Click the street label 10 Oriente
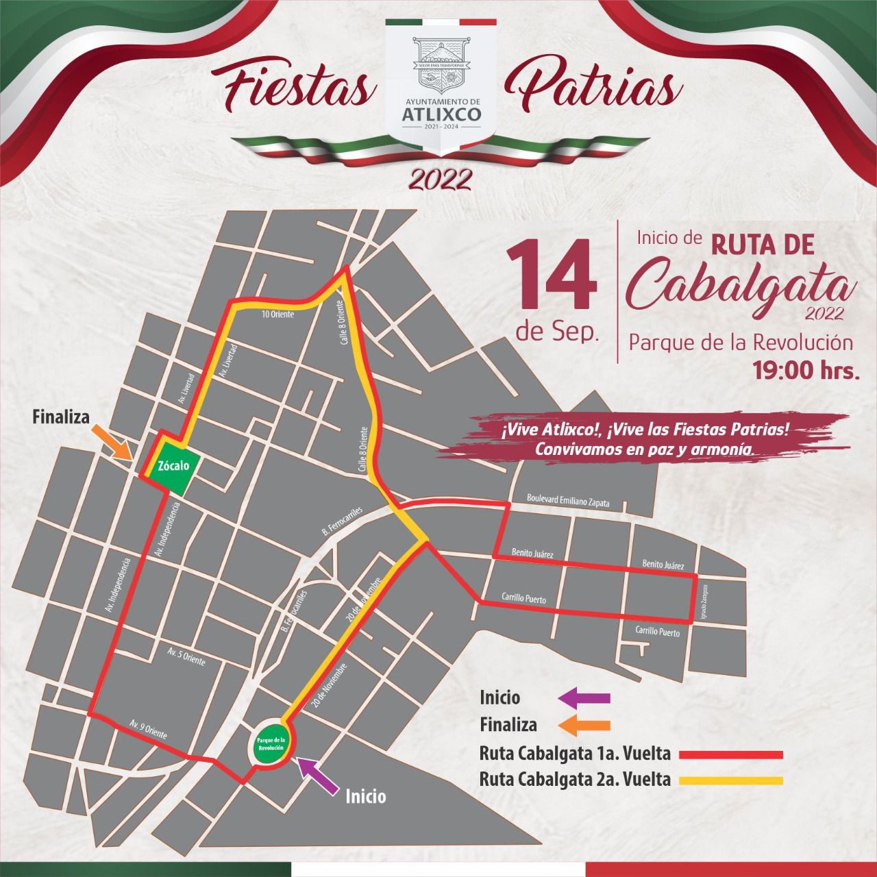[x=278, y=314]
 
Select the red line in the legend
[x=730, y=754]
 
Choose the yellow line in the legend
[x=730, y=780]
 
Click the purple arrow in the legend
[x=584, y=698]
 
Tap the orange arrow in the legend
[x=584, y=724]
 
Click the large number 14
[x=551, y=275]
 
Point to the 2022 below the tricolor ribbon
[x=440, y=179]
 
